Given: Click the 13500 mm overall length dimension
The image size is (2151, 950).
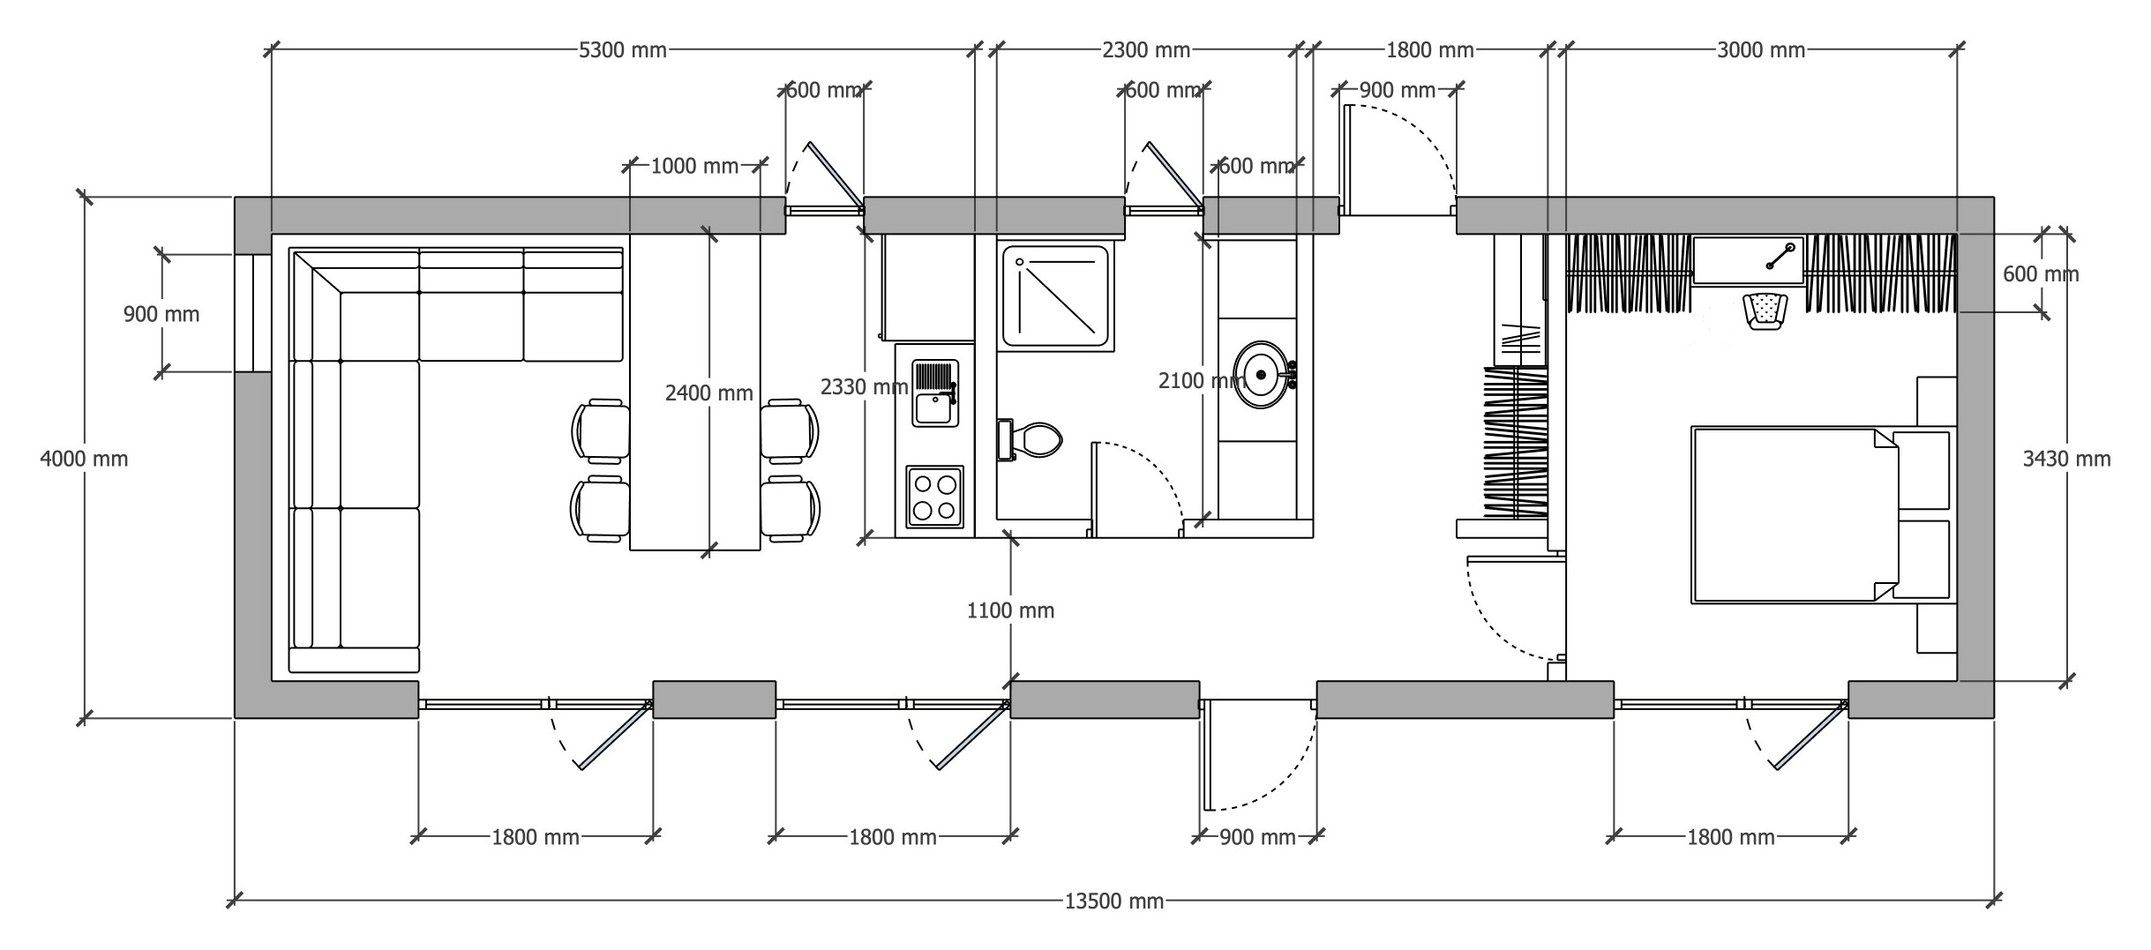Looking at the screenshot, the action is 1114,901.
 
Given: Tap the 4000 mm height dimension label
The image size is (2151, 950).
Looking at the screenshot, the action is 84,459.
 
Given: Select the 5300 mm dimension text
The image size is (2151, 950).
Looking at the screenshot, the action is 623,50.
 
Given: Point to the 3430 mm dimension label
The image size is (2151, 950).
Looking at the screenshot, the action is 2066,459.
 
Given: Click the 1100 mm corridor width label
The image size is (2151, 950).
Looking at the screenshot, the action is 1011,610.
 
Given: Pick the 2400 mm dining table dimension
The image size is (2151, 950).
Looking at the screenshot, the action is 709,393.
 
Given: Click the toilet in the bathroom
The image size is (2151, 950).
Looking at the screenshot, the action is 1029,439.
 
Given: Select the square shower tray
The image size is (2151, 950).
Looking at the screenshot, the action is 1055,296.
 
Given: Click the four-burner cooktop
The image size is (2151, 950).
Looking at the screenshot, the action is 935,497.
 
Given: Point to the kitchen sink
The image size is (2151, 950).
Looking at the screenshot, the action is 935,393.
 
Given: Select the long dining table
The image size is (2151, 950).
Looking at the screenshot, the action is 695,392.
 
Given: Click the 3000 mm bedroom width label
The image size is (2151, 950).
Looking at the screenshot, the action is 1761,50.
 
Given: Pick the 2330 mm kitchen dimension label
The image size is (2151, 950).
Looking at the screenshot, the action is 865,386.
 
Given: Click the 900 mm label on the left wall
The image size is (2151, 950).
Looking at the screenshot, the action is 161,314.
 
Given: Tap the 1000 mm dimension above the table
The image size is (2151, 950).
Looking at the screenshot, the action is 695,166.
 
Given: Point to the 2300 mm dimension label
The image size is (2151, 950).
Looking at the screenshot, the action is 1146,50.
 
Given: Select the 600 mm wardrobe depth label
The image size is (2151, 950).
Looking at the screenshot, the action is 2041,274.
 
